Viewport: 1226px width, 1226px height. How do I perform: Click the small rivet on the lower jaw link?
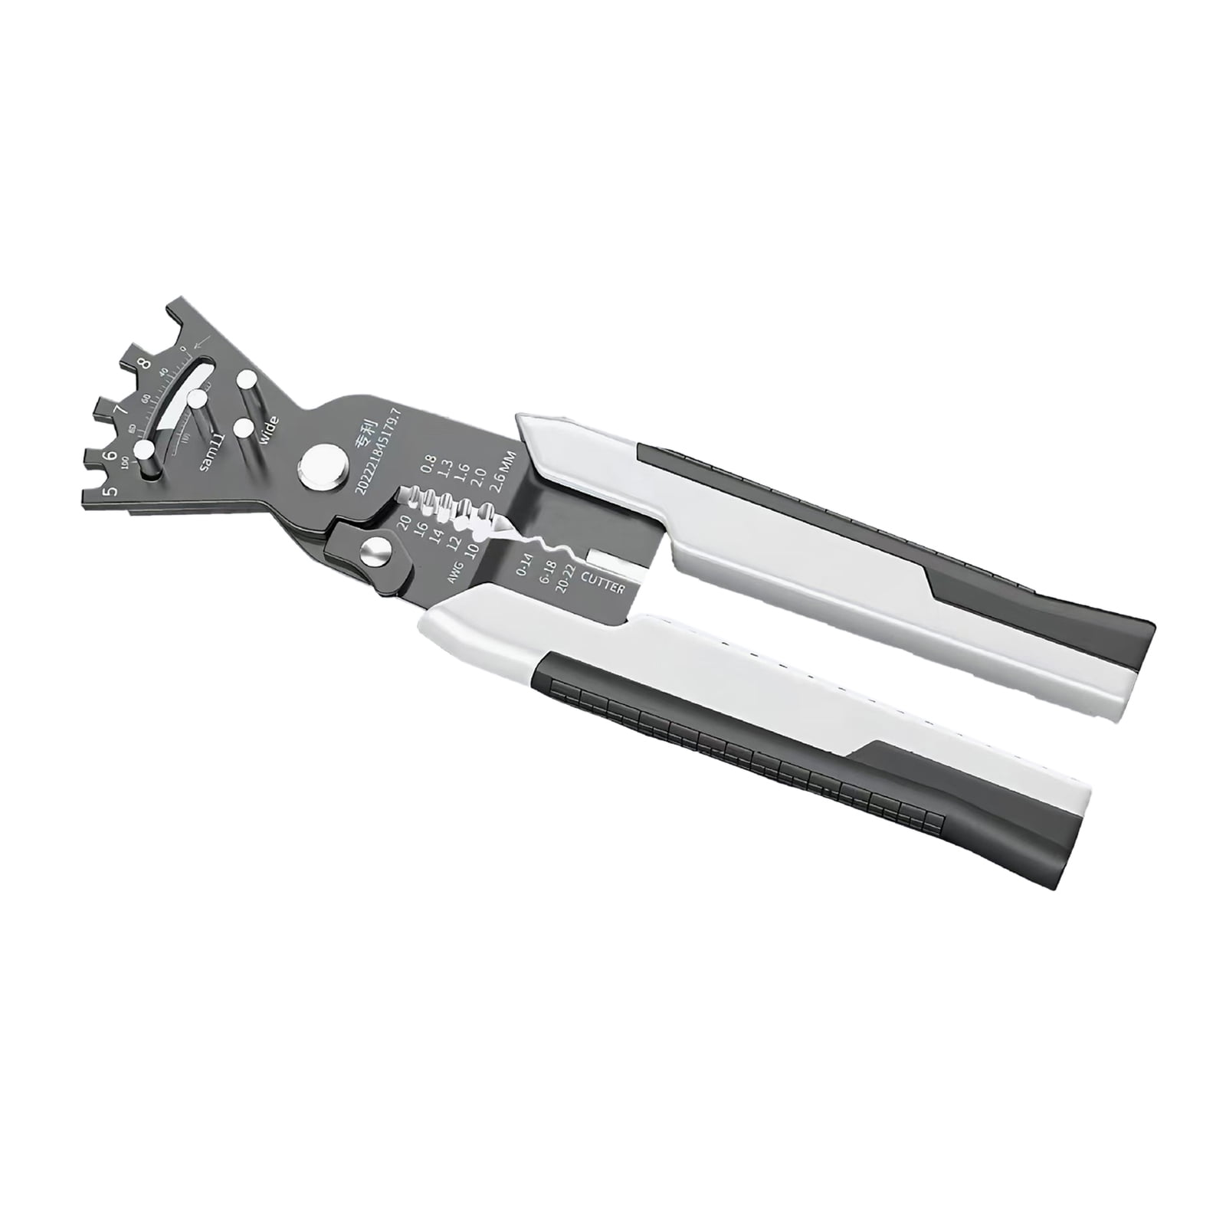tap(378, 549)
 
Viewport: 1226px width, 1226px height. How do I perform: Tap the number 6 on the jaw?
tap(109, 455)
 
